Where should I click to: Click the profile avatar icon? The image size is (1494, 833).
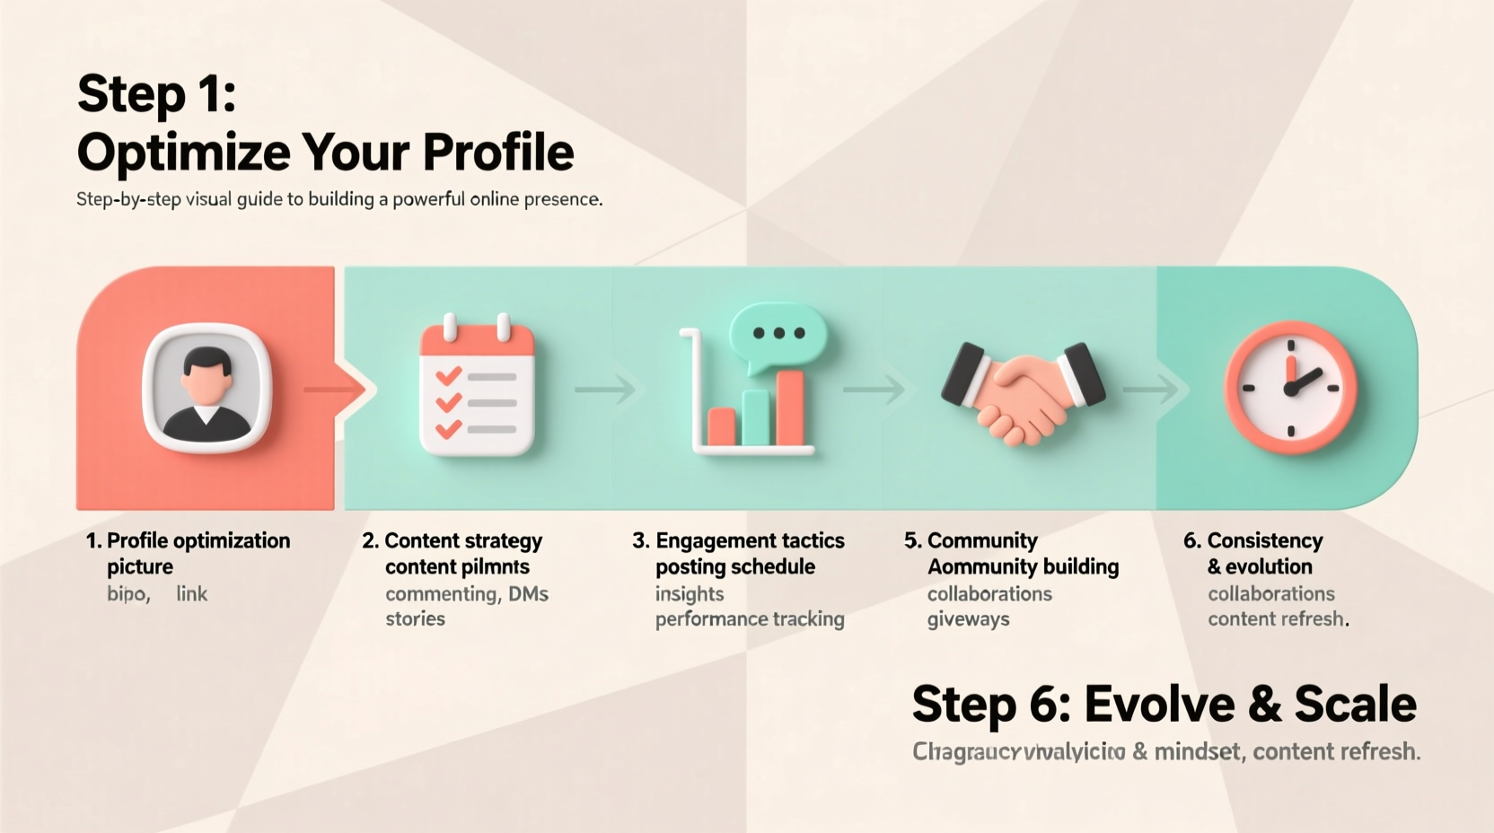pyautogui.click(x=207, y=389)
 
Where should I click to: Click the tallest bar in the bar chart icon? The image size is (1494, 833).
pyautogui.click(x=790, y=408)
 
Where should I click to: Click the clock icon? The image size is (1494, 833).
pyautogui.click(x=1291, y=388)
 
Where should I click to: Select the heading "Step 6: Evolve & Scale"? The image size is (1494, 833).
pyautogui.click(x=1164, y=704)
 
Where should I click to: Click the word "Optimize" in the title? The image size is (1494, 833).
pyautogui.click(x=182, y=152)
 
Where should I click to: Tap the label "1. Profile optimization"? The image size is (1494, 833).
pyautogui.click(x=189, y=540)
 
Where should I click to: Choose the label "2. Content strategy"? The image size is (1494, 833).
pyautogui.click(x=453, y=540)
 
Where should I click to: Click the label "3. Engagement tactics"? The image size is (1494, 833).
pyautogui.click(x=738, y=540)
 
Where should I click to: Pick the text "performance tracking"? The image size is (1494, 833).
pyautogui.click(x=750, y=618)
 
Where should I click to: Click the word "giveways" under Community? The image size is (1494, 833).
pyautogui.click(x=968, y=618)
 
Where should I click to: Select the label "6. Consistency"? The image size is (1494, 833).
pyautogui.click(x=1253, y=540)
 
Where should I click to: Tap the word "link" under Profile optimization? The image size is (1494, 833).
pyautogui.click(x=191, y=593)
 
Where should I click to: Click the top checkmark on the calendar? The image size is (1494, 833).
pyautogui.click(x=448, y=376)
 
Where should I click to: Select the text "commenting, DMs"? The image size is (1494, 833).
pyautogui.click(x=467, y=593)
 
